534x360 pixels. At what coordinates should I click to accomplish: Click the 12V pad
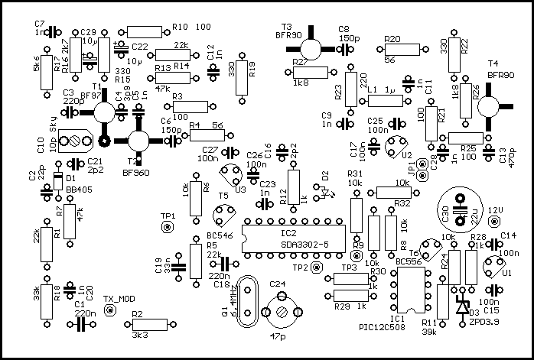[498, 222]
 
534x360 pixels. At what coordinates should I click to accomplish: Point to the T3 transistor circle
[304, 47]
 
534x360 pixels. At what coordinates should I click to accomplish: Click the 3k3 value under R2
[140, 336]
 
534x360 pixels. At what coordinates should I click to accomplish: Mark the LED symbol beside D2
[327, 191]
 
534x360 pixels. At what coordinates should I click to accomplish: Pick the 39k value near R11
[428, 332]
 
